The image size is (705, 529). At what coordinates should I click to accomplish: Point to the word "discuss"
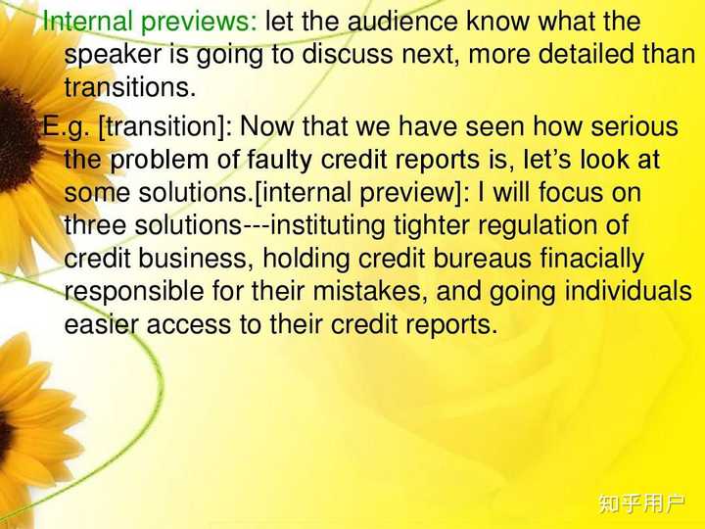(x=347, y=55)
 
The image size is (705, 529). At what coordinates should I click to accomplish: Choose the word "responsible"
(x=137, y=292)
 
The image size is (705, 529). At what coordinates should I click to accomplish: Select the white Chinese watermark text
(x=641, y=504)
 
